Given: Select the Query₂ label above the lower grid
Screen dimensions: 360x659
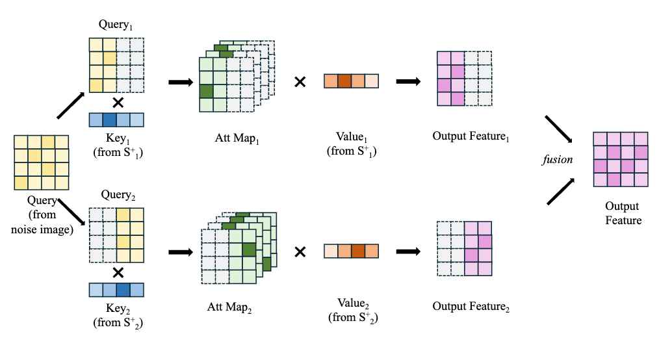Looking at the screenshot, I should coord(117,194).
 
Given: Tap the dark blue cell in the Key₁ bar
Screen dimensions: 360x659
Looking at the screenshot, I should coord(109,120).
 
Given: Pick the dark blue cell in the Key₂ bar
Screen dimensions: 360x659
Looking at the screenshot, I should coord(123,290).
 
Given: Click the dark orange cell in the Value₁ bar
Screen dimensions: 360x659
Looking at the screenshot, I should coord(344,81).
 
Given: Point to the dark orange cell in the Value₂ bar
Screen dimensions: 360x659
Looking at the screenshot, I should coord(357,251).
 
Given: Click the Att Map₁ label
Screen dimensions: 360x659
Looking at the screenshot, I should coord(233,138).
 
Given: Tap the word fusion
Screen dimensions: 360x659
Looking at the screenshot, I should coord(558,159).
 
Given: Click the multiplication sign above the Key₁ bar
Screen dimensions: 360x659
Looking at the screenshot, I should coord(118,102).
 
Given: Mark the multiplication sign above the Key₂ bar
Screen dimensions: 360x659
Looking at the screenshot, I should coord(118,272).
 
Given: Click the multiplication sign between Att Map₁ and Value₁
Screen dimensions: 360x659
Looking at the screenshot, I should coord(300,82).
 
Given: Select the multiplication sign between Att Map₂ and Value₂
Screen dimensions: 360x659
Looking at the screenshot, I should coord(300,251).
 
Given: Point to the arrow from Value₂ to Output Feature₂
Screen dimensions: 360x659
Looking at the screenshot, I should coord(408,251).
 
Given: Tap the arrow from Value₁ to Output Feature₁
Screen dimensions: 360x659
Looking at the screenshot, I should coord(408,82).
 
